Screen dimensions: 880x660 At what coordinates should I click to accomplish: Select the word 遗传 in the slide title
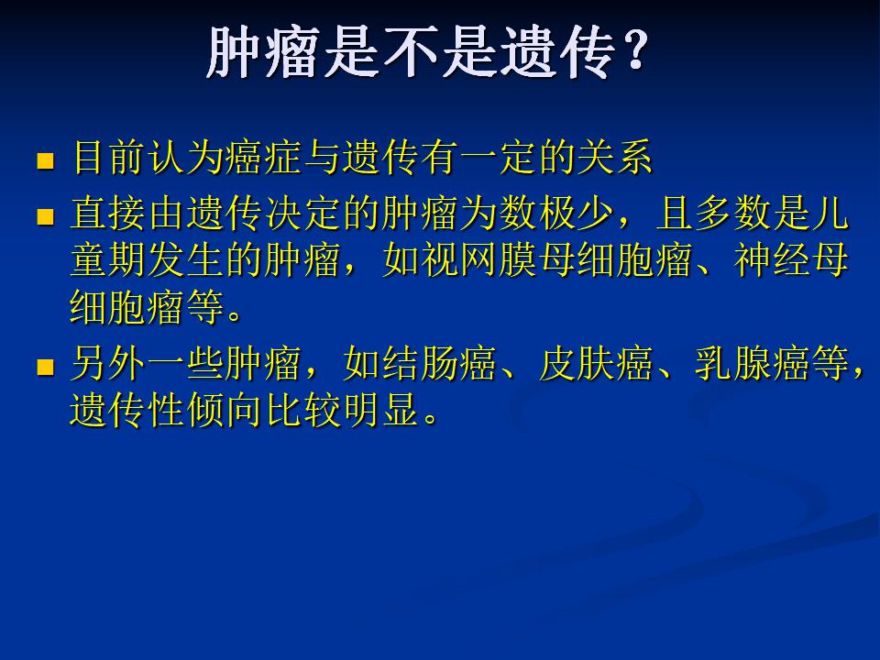click(x=558, y=51)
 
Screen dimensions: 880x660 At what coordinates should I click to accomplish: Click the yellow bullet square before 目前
click(x=45, y=160)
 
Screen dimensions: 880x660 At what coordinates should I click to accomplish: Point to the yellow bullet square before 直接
click(x=45, y=217)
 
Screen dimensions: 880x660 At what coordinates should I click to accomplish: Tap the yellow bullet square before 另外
click(x=45, y=367)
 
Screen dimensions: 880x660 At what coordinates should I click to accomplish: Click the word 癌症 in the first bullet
click(x=264, y=156)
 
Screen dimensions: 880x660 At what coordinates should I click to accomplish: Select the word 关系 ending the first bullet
click(x=614, y=156)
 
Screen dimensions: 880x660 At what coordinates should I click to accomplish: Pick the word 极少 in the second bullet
click(x=576, y=214)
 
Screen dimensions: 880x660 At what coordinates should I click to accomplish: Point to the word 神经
click(x=771, y=259)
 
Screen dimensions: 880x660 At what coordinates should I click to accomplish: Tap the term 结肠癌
click(x=439, y=364)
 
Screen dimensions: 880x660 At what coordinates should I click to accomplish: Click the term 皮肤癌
click(x=596, y=364)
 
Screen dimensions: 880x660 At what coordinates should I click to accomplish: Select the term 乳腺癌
click(x=752, y=364)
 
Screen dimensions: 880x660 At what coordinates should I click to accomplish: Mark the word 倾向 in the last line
click(x=225, y=410)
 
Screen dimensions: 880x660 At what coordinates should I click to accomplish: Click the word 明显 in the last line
click(x=380, y=410)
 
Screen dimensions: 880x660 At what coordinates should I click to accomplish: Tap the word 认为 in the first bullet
click(x=186, y=156)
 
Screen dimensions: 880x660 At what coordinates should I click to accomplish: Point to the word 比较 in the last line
click(x=303, y=410)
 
